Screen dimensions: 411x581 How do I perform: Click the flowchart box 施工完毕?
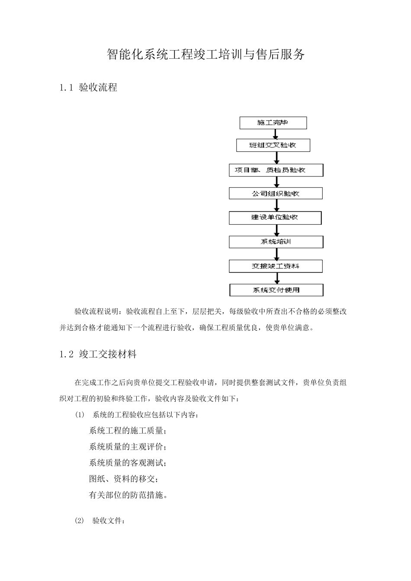click(x=273, y=123)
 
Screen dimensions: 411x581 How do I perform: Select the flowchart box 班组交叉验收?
click(x=273, y=145)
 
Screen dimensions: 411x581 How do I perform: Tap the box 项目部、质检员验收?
click(x=276, y=170)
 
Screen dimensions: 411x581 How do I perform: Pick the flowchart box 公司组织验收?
click(x=276, y=193)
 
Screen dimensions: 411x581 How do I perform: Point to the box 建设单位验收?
click(x=275, y=217)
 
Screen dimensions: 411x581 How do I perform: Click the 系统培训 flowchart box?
click(x=276, y=242)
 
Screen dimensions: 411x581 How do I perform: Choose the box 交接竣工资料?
click(x=276, y=266)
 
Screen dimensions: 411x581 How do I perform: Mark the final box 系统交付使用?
click(x=276, y=290)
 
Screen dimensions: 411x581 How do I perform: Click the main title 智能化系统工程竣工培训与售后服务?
click(x=205, y=54)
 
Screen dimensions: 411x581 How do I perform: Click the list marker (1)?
click(x=80, y=415)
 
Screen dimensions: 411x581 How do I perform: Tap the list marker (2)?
click(x=80, y=520)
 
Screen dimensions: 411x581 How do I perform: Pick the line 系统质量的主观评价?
click(x=128, y=447)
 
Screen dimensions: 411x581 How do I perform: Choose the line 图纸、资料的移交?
click(x=123, y=479)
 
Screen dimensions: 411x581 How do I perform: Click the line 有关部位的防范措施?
click(x=128, y=495)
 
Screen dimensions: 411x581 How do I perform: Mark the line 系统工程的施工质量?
click(x=128, y=431)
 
